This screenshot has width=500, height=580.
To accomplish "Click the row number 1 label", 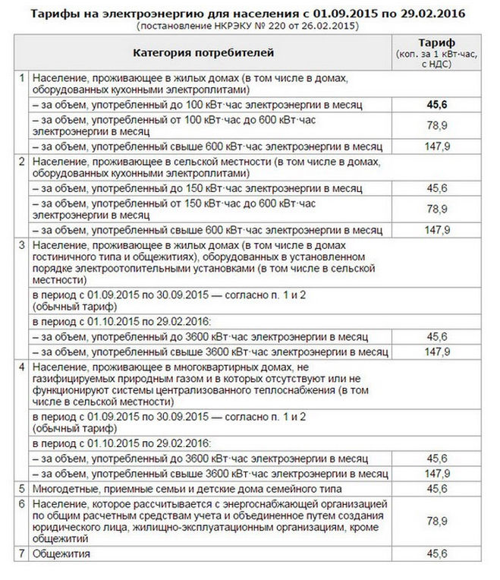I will pos(22,78).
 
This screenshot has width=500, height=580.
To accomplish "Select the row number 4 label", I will pos(22,367).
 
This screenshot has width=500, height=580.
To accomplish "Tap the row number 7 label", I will pos(22,554).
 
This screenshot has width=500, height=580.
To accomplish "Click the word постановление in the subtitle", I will pos(174,26).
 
